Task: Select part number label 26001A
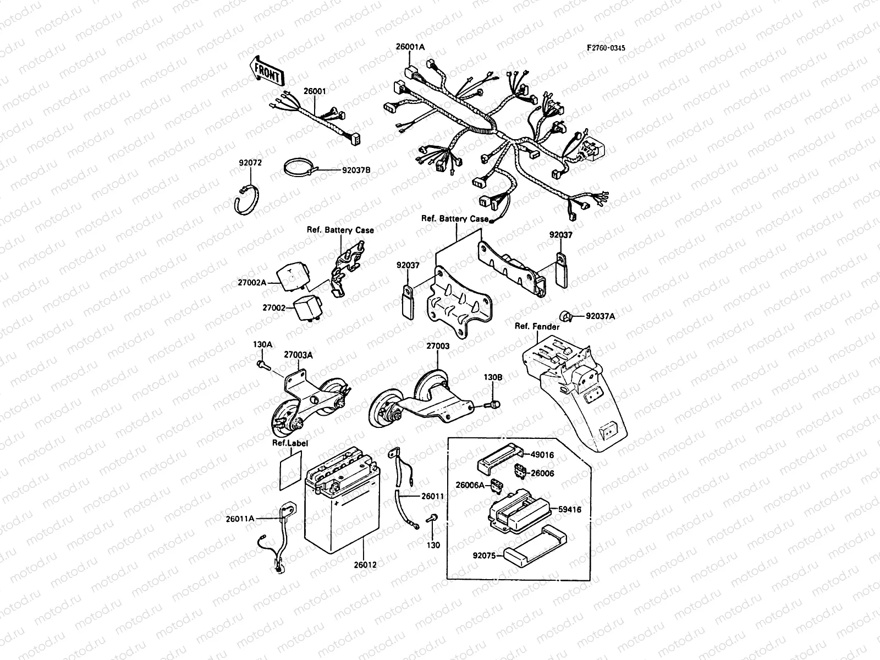point(410,47)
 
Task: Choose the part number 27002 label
point(274,308)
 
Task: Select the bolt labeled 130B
point(493,405)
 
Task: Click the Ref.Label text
point(290,443)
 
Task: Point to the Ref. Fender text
point(537,327)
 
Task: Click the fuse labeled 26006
point(518,471)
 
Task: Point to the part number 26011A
point(240,518)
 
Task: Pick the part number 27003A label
point(298,355)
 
